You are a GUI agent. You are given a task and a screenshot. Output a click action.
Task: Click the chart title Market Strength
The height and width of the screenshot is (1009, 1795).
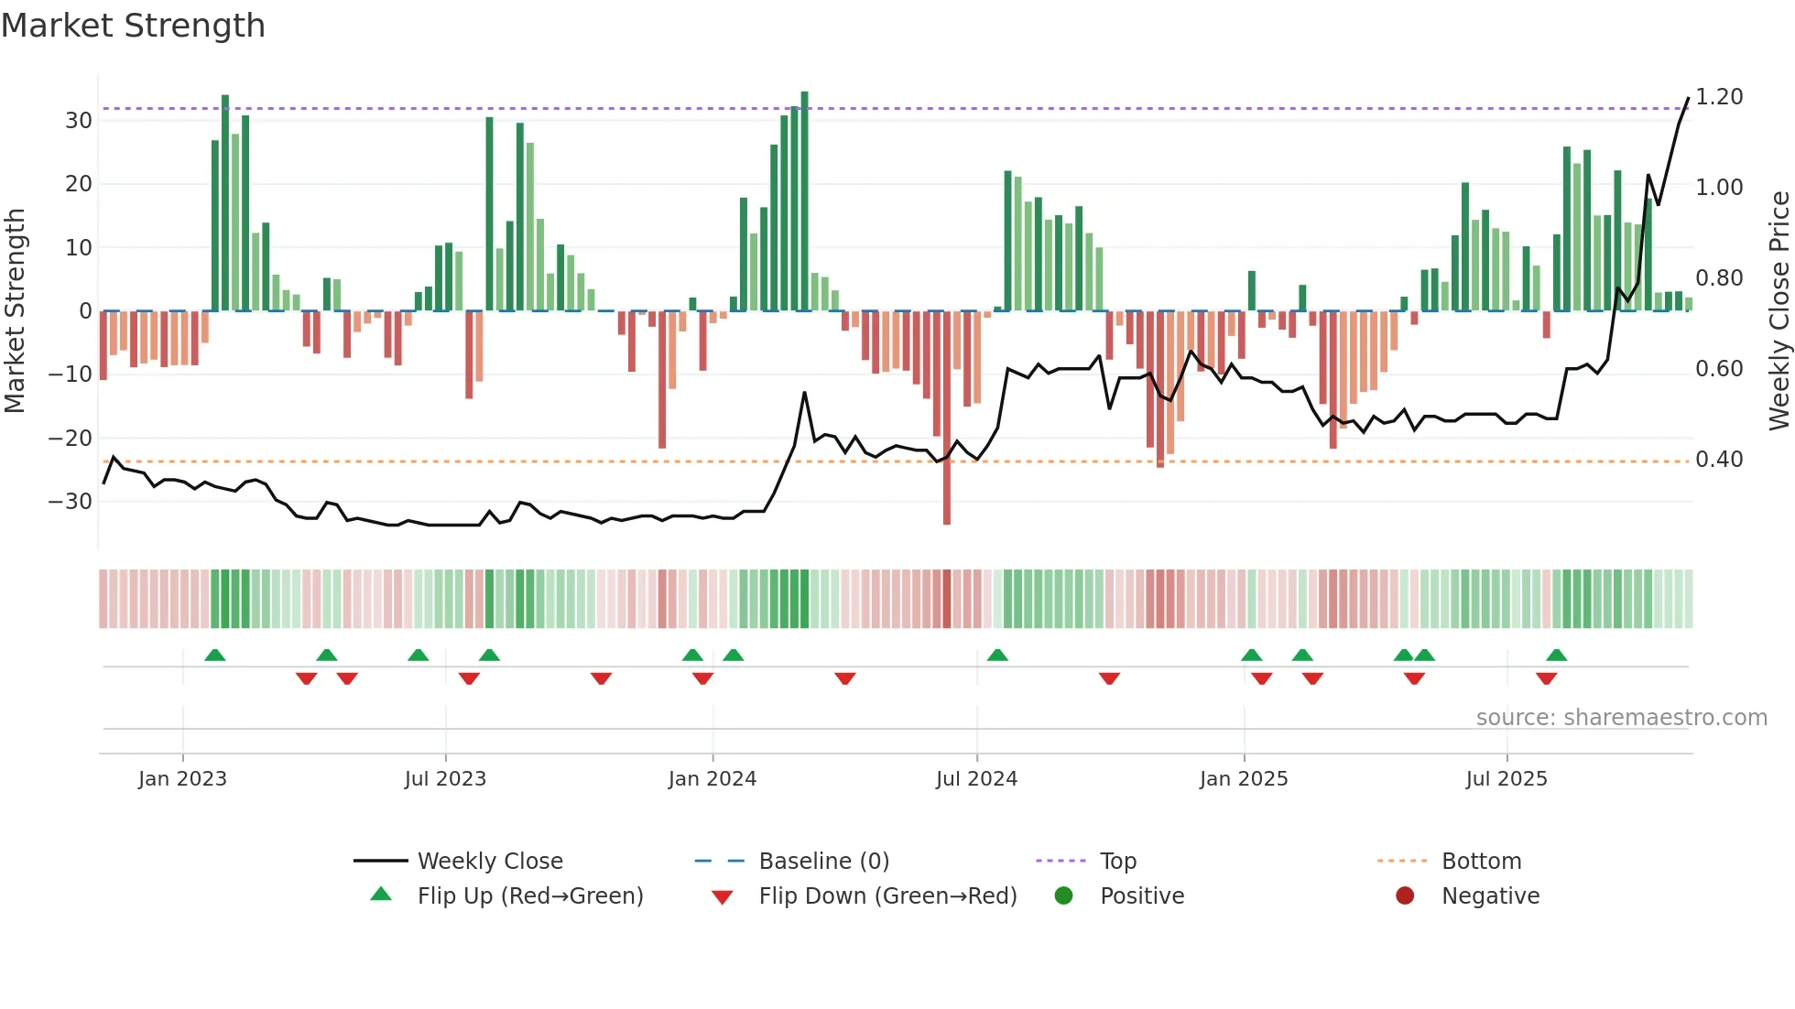tap(133, 26)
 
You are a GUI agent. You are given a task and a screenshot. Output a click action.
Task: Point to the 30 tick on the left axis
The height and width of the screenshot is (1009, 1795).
tap(79, 121)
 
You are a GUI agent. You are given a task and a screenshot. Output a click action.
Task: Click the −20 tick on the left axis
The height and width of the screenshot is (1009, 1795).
tap(71, 439)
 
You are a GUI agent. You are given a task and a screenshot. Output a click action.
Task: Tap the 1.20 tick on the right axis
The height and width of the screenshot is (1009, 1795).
tap(1719, 97)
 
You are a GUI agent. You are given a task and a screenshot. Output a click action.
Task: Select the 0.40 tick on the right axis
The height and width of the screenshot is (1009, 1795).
tap(1719, 460)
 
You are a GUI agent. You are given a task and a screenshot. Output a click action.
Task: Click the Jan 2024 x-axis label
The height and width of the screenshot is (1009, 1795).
tap(712, 779)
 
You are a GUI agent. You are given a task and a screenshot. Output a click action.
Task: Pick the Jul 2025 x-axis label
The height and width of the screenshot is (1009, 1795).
tap(1506, 779)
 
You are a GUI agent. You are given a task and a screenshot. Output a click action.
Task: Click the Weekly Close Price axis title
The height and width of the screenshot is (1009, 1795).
tap(1779, 311)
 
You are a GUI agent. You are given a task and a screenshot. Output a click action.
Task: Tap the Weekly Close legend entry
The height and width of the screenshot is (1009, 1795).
tap(490, 862)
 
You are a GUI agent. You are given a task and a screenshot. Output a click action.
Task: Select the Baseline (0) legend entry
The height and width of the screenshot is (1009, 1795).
tap(823, 862)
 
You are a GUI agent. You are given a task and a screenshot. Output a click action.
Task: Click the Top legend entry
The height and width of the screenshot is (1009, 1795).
tap(1117, 862)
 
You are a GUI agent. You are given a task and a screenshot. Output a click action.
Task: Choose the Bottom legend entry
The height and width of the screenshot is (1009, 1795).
tap(1481, 862)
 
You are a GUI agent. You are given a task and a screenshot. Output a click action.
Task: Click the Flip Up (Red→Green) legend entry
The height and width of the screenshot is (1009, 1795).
tap(529, 896)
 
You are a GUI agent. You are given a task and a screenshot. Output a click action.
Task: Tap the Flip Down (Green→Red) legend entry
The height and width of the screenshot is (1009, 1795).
tap(887, 896)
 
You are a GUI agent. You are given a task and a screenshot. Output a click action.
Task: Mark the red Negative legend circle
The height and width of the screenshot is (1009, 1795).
tap(1405, 896)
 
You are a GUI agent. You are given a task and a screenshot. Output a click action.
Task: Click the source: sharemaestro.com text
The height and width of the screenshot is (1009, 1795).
tap(1621, 718)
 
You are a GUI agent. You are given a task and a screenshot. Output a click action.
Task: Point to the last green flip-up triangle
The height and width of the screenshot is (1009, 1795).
tap(1556, 655)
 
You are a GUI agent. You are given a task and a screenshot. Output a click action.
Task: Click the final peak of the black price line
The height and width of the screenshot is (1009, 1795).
tap(1688, 99)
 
